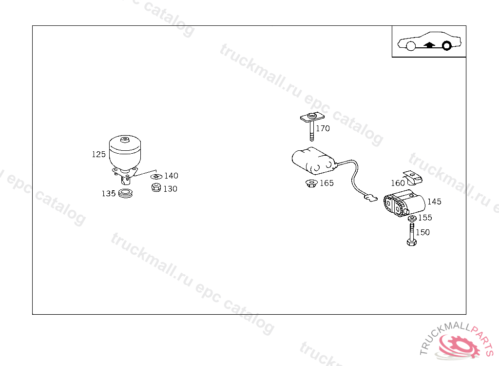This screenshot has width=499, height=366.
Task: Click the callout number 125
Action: tap(98, 154)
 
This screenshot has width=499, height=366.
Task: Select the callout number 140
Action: tap(171, 176)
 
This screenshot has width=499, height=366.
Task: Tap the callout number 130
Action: tap(170, 189)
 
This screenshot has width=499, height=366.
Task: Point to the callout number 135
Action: tap(109, 194)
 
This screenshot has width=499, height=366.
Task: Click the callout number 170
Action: tap(323, 128)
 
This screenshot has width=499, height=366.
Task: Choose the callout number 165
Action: tap(327, 183)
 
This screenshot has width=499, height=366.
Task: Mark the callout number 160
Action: tap(398, 183)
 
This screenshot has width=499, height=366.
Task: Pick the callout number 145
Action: tap(434, 202)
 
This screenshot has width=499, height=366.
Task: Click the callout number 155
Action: tap(425, 218)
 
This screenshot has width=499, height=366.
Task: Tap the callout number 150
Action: tap(422, 232)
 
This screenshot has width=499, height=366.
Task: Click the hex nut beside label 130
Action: tap(156, 187)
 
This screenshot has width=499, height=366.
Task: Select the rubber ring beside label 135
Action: tap(125, 193)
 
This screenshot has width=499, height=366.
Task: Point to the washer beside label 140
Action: tap(156, 177)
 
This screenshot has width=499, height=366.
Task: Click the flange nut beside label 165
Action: tap(311, 183)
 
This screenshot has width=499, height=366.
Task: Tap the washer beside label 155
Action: tap(412, 218)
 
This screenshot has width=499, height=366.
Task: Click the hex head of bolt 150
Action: tap(411, 243)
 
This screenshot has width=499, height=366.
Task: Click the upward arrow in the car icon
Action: tap(429, 44)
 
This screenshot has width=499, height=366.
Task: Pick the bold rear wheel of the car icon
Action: tap(447, 46)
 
